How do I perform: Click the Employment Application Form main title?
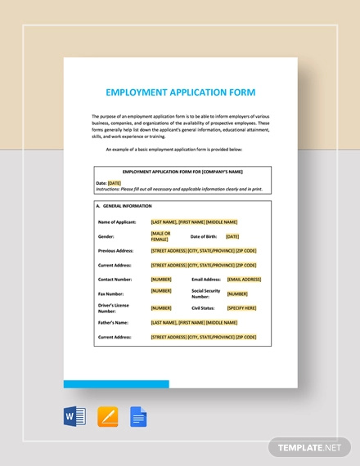pos(180,92)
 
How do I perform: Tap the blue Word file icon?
pos(74,418)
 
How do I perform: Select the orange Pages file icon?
pos(107,418)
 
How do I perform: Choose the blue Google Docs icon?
pos(138,418)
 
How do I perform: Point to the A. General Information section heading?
pos(124,206)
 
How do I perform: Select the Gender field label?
pos(106,235)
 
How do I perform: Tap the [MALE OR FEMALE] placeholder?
pos(160,236)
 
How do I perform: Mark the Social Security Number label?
pos(206,293)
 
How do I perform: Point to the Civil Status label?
pos(205,308)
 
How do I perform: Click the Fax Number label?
pos(111,293)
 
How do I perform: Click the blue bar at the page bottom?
pos(116,383)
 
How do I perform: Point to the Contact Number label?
pos(116,279)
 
